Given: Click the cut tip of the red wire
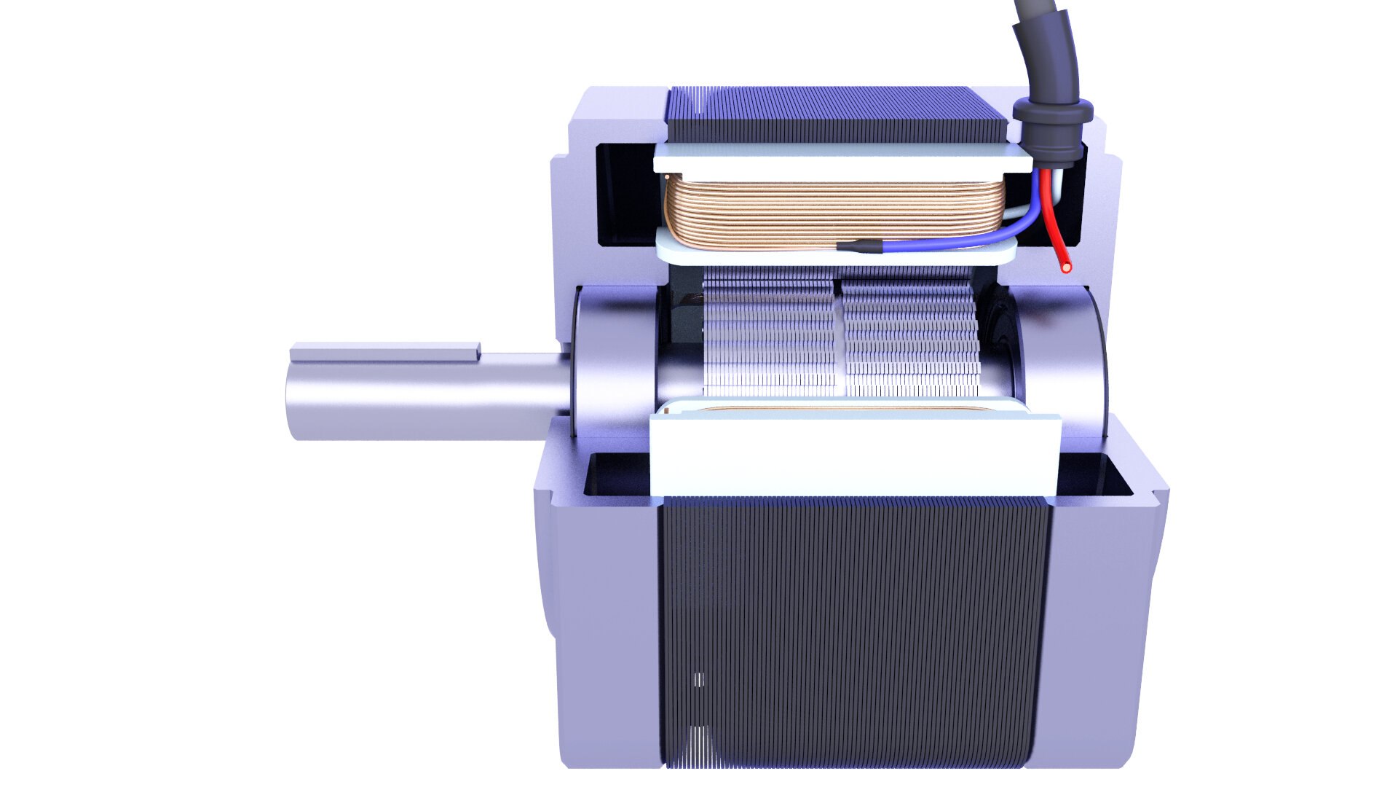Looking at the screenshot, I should point(1067,267).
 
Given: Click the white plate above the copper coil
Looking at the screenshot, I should point(837,158).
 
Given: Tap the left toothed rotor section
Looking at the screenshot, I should point(768,335).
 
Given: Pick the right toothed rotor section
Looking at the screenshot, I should point(910,335).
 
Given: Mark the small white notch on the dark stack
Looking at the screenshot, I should point(699,679).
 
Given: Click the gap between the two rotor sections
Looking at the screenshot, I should point(838,335).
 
